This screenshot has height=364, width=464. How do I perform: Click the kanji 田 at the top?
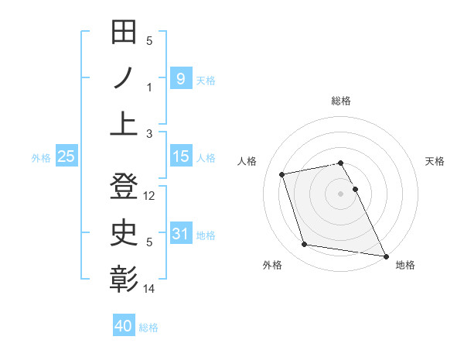click(125, 33)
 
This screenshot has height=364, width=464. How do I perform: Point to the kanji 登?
click(125, 188)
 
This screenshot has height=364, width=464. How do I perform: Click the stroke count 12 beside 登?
click(150, 197)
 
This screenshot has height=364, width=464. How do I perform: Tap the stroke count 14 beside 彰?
click(150, 289)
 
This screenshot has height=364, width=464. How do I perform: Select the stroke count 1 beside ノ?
click(150, 88)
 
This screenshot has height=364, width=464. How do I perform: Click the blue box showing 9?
click(180, 78)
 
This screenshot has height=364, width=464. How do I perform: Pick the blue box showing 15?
click(180, 156)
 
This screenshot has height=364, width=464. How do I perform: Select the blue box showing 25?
click(67, 157)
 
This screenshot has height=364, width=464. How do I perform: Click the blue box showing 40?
click(124, 326)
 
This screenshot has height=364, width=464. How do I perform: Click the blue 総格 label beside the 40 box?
click(148, 328)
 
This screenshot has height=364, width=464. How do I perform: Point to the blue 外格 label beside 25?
click(41, 158)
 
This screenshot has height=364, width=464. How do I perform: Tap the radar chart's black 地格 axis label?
click(405, 265)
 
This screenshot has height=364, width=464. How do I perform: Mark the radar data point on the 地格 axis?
click(385, 256)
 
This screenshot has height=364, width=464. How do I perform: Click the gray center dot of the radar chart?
click(341, 193)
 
